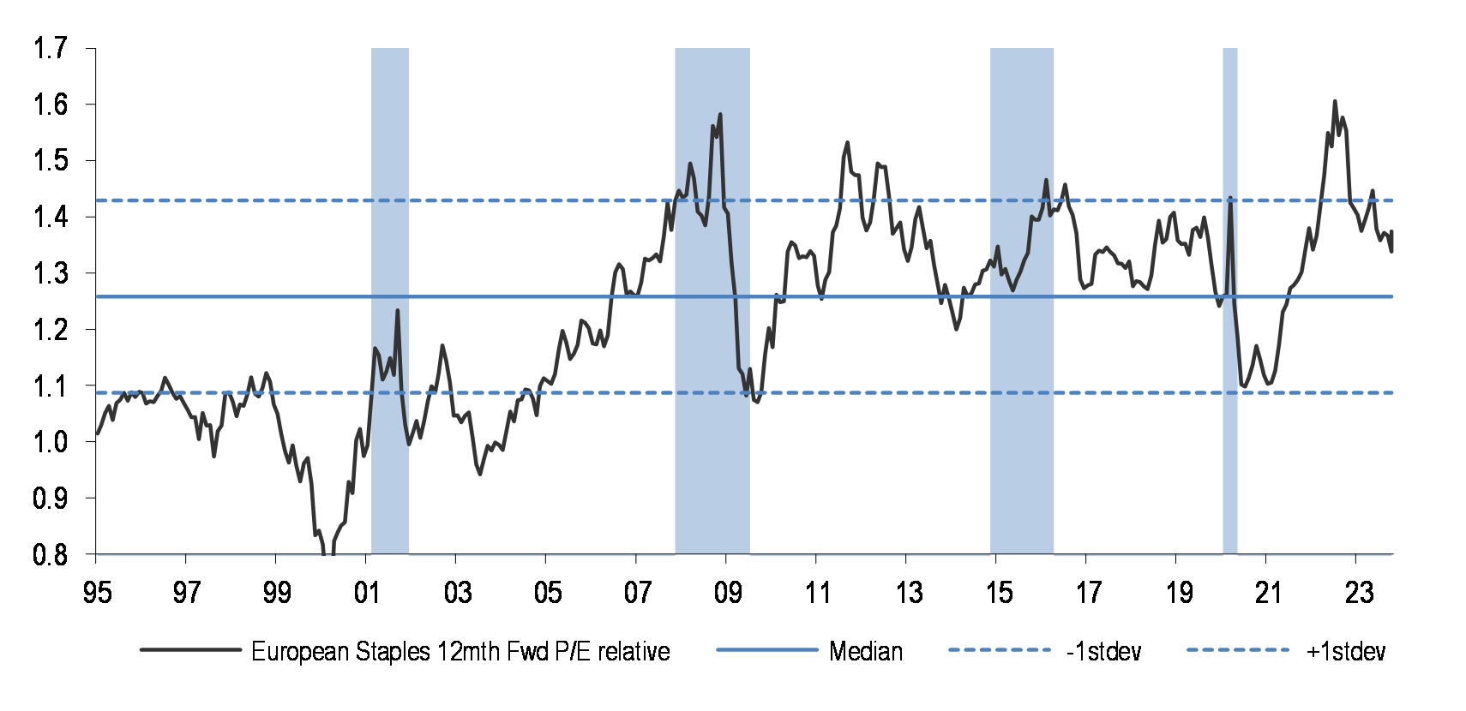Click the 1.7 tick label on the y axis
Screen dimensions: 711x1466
(50, 48)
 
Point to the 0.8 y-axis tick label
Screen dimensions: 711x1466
(50, 555)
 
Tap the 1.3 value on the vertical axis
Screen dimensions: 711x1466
(50, 273)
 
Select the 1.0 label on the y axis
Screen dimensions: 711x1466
(50, 442)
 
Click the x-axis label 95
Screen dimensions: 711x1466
(97, 592)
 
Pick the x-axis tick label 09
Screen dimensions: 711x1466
(727, 592)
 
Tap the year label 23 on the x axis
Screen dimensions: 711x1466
(1358, 592)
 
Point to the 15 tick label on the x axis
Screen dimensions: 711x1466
(998, 592)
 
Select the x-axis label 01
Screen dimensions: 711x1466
(367, 592)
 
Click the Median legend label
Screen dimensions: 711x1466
(866, 652)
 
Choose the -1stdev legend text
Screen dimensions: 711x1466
(1103, 652)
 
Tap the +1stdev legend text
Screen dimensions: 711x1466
(1345, 652)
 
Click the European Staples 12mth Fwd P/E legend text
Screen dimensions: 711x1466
(460, 652)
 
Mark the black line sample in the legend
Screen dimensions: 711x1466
(190, 650)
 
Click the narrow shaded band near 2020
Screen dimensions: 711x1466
(1229, 300)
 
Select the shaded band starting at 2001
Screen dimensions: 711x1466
(390, 300)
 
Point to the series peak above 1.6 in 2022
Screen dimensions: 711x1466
(1335, 101)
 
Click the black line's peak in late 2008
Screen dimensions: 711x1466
(720, 114)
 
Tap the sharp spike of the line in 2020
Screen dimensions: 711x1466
(1230, 198)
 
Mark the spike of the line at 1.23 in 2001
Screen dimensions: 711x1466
(397, 310)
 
